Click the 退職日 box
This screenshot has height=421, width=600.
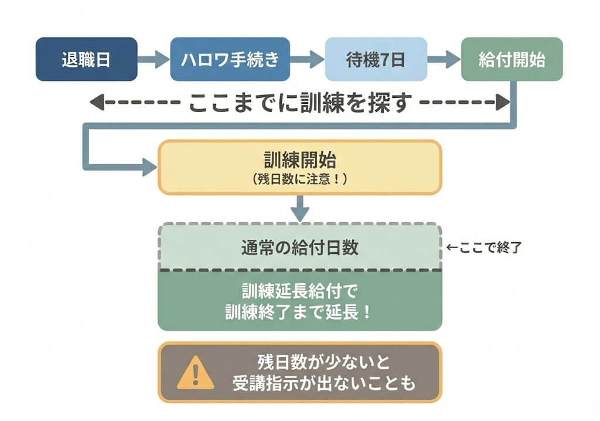tap(86, 59)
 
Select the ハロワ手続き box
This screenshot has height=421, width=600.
tap(230, 59)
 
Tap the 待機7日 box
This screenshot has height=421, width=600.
tap(376, 59)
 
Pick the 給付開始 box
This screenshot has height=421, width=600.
tap(512, 59)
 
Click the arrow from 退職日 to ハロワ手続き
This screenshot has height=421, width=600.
tap(154, 59)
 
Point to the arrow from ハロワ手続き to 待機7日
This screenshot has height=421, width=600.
tap(307, 59)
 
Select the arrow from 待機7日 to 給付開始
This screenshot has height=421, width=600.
tap(444, 59)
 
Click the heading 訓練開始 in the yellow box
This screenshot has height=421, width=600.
tap(299, 161)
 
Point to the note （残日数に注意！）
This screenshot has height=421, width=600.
tap(299, 179)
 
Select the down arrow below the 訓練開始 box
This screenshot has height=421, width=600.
tap(300, 209)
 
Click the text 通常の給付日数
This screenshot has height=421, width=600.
tap(299, 247)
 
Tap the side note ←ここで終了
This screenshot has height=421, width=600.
tap(483, 247)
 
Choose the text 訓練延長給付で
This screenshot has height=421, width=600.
tap(299, 291)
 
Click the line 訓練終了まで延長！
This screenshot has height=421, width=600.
tap(299, 312)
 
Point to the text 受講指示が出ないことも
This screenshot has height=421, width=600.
tap(323, 383)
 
